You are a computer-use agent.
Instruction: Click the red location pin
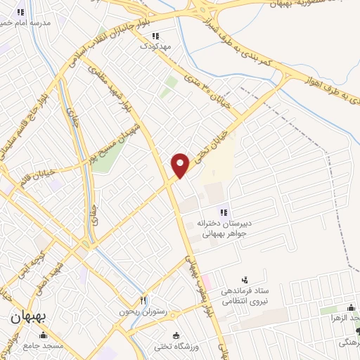[180, 165]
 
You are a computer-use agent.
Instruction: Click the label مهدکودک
[155, 46]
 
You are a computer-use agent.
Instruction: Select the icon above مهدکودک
[155, 35]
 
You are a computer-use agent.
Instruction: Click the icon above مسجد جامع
[47, 335]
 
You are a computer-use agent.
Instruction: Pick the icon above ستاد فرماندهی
[245, 280]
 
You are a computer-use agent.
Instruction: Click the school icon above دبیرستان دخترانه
[224, 212]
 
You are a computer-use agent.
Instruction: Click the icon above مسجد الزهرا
[351, 307]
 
